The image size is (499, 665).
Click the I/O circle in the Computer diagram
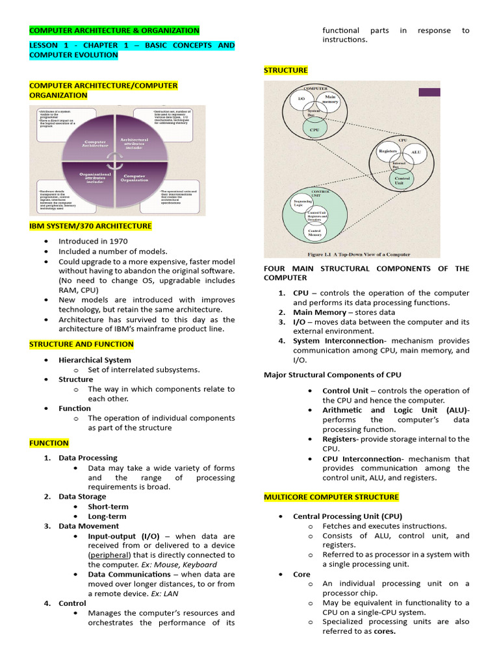[x=301, y=98]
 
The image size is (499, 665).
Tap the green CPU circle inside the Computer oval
[x=314, y=129]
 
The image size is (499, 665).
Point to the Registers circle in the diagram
[x=387, y=151]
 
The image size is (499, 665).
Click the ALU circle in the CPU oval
[x=416, y=153]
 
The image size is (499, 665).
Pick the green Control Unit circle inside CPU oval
[x=402, y=180]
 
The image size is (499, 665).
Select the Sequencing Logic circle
[x=303, y=203]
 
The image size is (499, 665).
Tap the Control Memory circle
[x=314, y=231]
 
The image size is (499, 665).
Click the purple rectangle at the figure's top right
[x=429, y=92]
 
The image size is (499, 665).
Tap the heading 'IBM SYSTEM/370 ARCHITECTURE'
[x=90, y=226]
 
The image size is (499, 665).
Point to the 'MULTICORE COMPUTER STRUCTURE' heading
[x=331, y=497]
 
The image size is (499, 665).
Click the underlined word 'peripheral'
[x=109, y=555]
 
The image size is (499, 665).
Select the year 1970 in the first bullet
[x=115, y=241]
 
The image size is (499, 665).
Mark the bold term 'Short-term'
[x=108, y=507]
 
